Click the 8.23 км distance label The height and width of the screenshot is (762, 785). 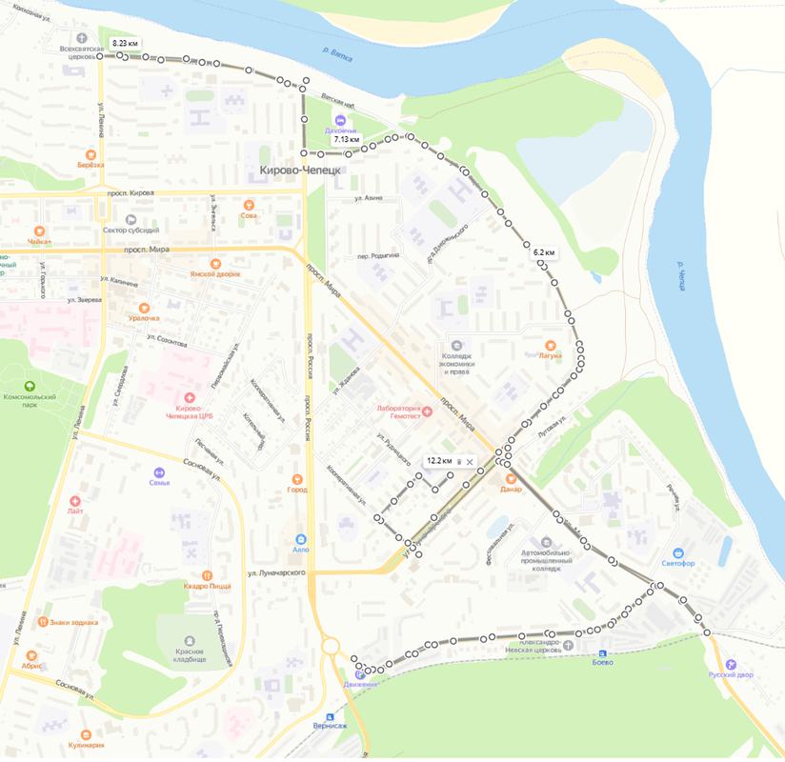point(125,44)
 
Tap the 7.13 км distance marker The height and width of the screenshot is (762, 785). point(346,140)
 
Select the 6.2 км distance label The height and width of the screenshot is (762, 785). point(544,252)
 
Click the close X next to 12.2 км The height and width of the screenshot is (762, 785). point(470,461)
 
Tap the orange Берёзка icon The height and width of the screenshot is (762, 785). point(91,153)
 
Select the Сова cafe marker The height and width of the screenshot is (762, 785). point(249,204)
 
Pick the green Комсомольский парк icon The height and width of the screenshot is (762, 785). point(30,386)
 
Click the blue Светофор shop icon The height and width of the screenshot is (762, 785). point(678,552)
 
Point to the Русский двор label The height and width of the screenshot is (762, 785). point(731,674)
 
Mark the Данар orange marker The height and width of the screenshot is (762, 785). point(511,478)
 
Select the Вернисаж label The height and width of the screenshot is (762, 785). point(330,726)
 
